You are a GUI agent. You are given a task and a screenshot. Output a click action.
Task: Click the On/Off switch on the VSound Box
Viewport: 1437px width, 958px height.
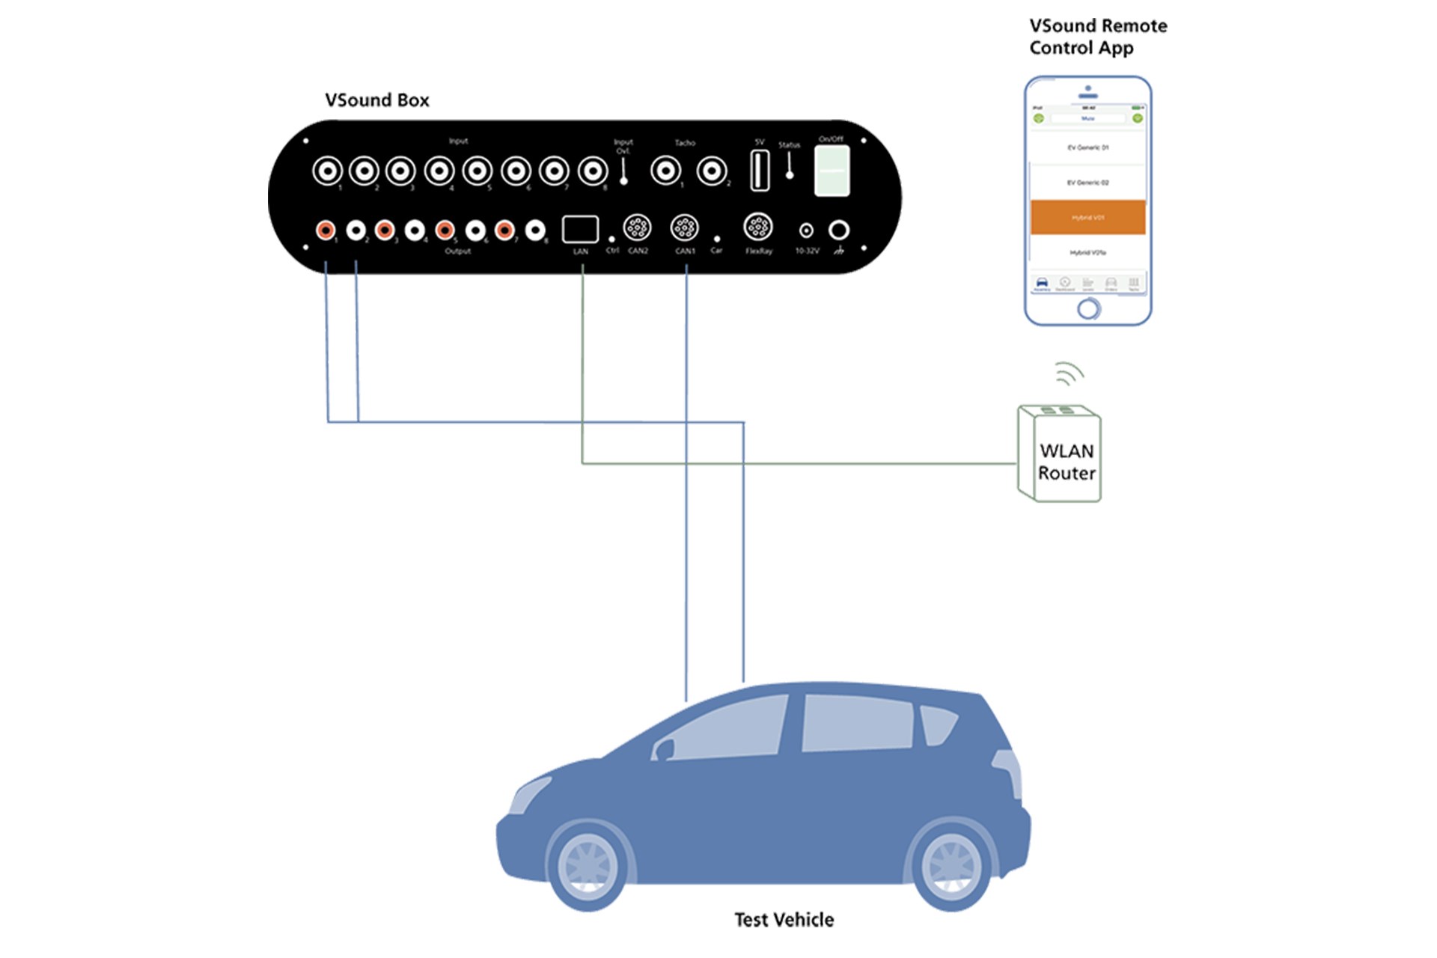832,171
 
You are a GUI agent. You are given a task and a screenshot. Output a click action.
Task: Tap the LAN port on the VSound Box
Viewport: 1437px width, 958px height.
580,229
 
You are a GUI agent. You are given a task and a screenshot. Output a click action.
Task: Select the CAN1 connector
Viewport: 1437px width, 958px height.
684,228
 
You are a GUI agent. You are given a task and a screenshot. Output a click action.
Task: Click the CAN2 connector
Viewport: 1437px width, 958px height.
637,228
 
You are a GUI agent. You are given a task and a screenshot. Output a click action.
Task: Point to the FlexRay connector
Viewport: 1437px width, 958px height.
757,227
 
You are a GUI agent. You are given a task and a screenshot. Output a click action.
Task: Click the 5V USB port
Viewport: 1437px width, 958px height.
760,170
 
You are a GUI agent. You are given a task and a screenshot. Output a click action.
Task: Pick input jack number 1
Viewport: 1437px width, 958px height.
327,171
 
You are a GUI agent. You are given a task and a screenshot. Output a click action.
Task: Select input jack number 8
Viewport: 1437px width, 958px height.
593,171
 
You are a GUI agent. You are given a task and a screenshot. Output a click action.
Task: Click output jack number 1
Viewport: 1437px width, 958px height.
325,230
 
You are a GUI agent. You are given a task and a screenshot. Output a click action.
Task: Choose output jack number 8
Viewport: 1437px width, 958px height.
534,230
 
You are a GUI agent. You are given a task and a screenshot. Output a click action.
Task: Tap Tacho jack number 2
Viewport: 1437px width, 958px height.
711,171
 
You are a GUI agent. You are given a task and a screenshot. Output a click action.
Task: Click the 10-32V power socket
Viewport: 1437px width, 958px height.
806,231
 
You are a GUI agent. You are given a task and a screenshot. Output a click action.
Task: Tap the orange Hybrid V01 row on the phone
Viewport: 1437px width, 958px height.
1087,217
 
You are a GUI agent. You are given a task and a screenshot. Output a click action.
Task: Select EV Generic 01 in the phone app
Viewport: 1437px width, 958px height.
1087,147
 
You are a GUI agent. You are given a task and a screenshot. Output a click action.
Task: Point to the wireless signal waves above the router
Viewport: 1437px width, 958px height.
1069,372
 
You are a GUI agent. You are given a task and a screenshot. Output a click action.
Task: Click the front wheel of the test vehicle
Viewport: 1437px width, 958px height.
588,866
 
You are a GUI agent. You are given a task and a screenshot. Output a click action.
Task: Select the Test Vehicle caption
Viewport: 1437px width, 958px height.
784,920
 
